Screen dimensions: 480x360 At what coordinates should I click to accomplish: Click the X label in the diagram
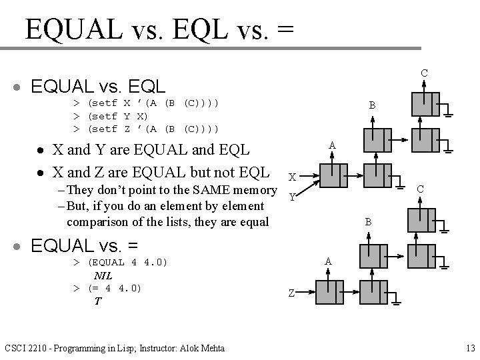point(292,177)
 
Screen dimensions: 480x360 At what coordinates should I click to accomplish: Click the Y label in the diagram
point(291,197)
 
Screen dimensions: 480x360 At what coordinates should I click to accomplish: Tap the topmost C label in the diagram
point(423,73)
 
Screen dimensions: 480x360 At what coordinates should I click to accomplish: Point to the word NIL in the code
point(103,275)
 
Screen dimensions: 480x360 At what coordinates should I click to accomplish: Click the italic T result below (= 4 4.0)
point(97,301)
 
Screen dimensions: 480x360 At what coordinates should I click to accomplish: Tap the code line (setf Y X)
point(114,115)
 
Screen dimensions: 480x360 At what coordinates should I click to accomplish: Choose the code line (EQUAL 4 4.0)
point(127,263)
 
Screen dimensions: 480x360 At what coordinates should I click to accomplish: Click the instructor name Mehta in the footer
point(209,348)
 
